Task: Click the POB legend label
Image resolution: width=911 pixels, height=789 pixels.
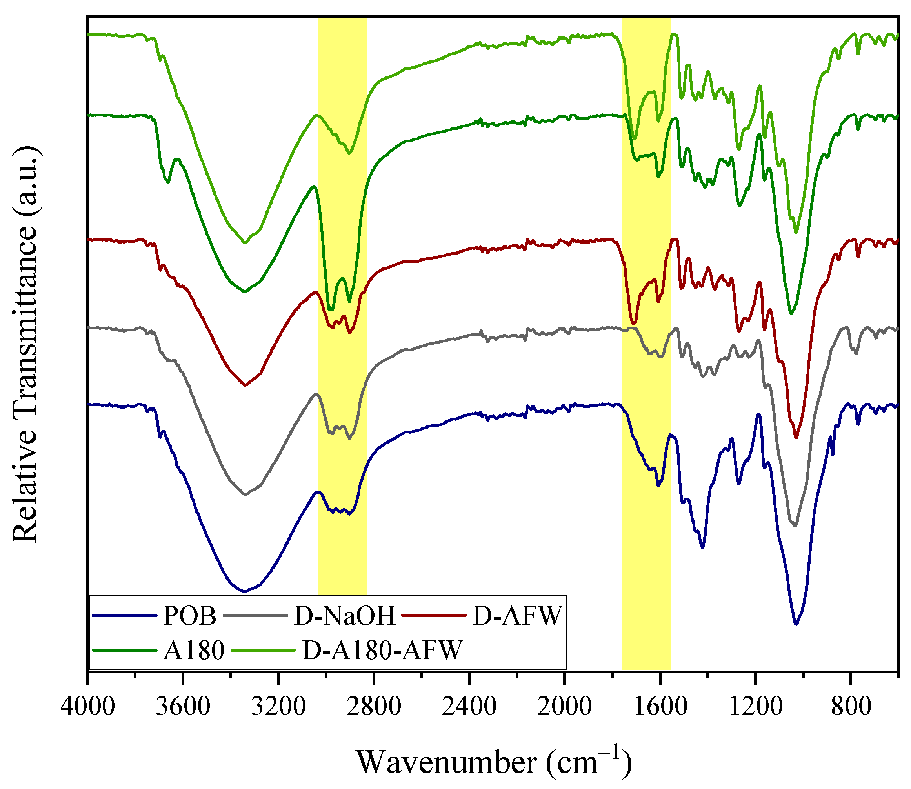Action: pos(190,616)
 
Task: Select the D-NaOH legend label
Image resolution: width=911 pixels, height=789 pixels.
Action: pos(345,616)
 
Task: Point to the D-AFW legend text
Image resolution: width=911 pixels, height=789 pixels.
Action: pos(517,616)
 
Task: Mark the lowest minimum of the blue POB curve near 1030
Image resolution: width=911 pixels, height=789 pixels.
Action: pos(796,624)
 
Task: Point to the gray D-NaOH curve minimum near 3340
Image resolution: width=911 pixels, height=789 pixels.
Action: pos(245,494)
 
